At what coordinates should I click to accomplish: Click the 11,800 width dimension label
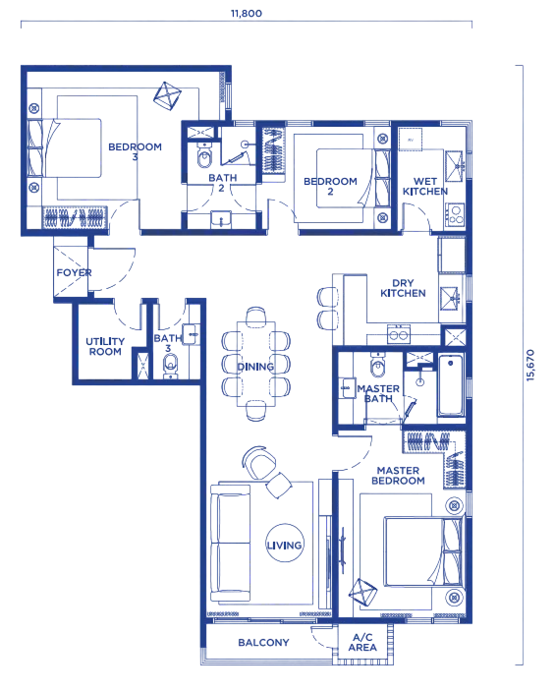tap(247, 13)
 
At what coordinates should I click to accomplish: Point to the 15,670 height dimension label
tap(530, 365)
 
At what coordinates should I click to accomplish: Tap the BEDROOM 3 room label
tap(136, 151)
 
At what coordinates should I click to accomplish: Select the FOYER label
tap(75, 272)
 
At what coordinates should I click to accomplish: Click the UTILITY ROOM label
tap(105, 346)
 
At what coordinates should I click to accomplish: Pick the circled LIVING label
tap(284, 544)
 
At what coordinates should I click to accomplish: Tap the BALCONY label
tap(263, 642)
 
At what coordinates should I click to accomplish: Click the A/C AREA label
tap(362, 642)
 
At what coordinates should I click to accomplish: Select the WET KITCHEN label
tap(425, 186)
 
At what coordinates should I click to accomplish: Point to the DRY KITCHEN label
tap(403, 288)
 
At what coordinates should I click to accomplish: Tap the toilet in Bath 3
tap(171, 366)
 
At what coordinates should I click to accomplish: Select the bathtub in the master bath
tap(451, 385)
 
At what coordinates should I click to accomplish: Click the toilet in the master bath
tap(378, 365)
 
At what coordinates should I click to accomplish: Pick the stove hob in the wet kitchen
tap(455, 215)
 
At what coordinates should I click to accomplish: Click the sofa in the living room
tap(231, 543)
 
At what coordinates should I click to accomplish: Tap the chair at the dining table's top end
tap(256, 317)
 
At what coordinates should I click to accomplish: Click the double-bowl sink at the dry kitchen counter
tap(399, 334)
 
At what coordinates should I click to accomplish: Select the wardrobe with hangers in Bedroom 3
tap(75, 217)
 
